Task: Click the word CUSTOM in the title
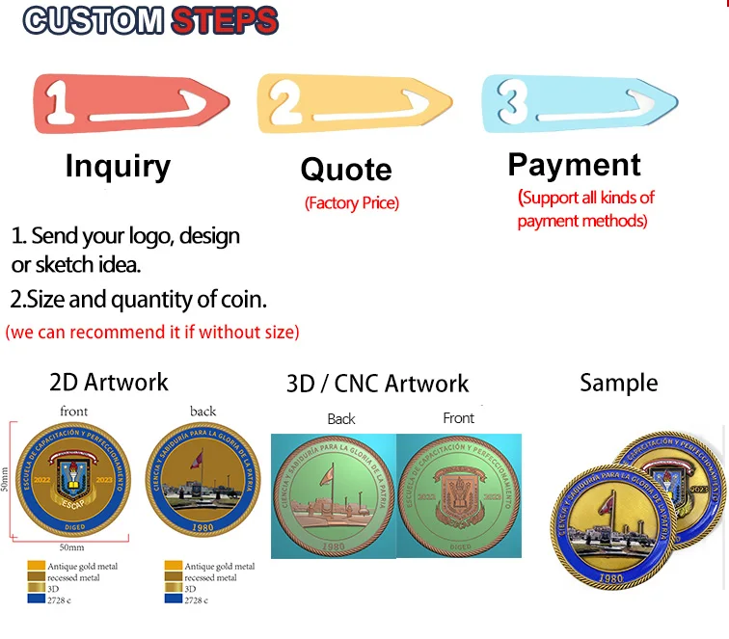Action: [94, 20]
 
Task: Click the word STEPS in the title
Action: [224, 20]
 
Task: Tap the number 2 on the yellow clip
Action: [284, 100]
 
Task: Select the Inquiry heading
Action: [117, 166]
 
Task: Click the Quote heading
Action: [346, 170]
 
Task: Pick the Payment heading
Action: [574, 165]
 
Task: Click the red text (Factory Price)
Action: [351, 203]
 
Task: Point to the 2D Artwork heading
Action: [108, 383]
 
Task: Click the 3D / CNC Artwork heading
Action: [377, 384]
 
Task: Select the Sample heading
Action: [618, 383]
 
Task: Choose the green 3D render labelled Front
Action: [459, 495]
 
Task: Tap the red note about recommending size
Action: [152, 333]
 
